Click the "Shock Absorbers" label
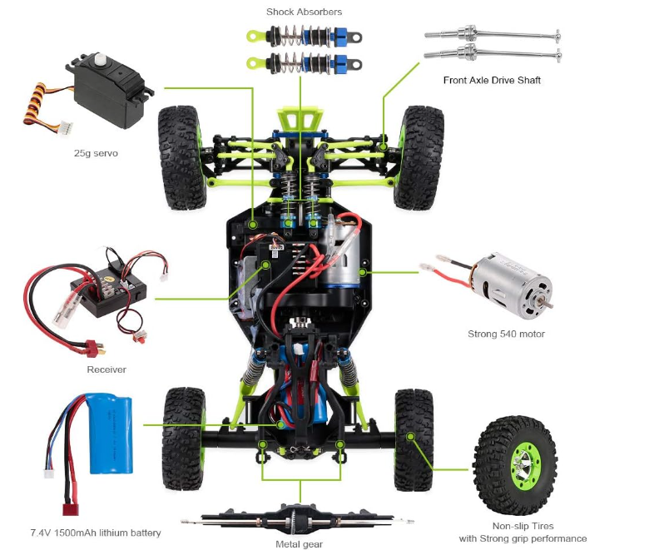tap(304, 12)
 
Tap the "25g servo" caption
tap(96, 153)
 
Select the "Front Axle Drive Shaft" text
tap(492, 80)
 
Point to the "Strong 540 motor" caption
tap(506, 334)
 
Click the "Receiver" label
tap(107, 369)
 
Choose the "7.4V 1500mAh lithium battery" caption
tap(96, 533)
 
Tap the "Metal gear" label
tap(299, 544)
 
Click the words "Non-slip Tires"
tap(523, 526)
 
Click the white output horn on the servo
tap(100, 59)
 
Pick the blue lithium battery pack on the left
tap(111, 434)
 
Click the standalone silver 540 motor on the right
tap(513, 285)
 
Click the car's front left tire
tap(182, 157)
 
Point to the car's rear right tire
tap(414, 439)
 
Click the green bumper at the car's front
tap(300, 119)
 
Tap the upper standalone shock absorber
tap(305, 37)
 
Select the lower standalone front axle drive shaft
tap(493, 53)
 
